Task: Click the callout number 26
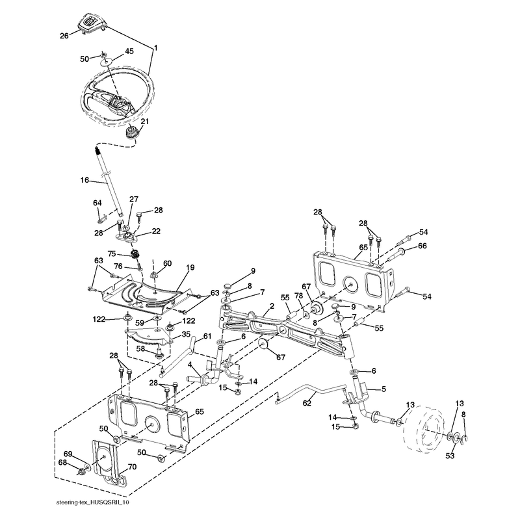pos(64,36)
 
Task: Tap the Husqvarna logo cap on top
pos(92,23)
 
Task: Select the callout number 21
pos(144,122)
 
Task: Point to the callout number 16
pos(84,180)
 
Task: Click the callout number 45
pos(129,51)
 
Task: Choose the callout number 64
pos(97,203)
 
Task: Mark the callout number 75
pos(112,253)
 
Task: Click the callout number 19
pos(190,267)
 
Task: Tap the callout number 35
pos(186,334)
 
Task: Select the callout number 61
pos(207,336)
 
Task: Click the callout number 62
pos(307,403)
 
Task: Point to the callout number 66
pos(422,246)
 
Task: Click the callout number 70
pos(132,467)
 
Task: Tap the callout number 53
pos(450,456)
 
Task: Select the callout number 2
pos(272,305)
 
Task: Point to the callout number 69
pos(68,454)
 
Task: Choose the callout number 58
pos(140,348)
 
